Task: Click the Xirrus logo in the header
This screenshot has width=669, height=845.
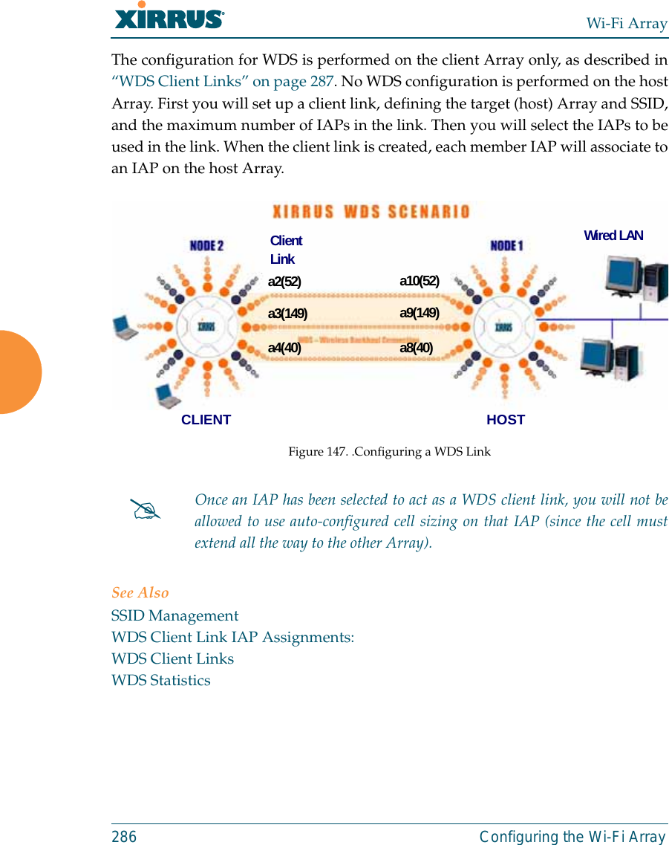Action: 169,16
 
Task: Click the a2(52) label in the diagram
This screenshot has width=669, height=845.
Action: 284,281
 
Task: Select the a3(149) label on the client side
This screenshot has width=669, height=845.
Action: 287,314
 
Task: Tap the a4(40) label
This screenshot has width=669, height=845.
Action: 284,347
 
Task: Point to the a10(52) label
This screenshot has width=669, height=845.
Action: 420,281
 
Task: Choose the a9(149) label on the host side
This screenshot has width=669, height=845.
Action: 420,313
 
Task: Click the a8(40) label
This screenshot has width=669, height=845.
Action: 417,347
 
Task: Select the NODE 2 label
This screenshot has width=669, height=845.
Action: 206,245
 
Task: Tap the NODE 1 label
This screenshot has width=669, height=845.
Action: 507,245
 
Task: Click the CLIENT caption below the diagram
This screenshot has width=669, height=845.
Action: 206,420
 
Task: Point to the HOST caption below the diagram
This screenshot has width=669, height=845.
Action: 506,420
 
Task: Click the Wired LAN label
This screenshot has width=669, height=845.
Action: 613,236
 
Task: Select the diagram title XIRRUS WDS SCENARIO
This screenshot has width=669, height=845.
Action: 372,212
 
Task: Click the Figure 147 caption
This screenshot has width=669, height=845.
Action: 389,452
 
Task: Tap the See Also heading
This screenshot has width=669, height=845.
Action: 140,592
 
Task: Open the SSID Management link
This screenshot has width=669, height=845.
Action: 174,615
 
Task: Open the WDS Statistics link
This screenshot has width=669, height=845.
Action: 160,680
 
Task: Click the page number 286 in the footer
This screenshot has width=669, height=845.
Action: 124,837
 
